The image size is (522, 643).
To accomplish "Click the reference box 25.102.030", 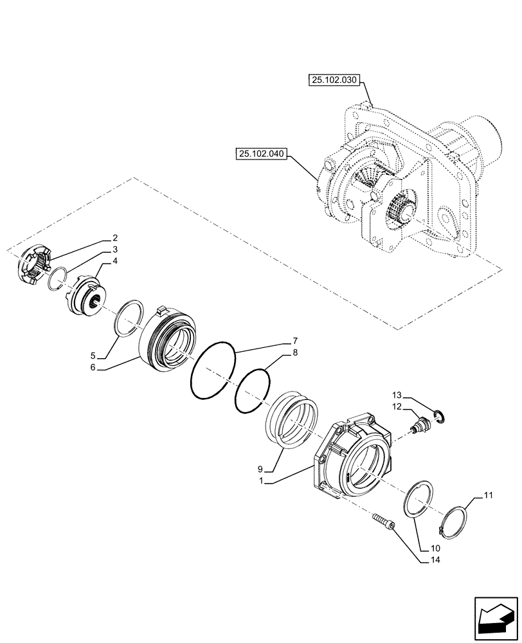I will [x=335, y=81].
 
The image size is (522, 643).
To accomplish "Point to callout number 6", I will [x=93, y=367].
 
